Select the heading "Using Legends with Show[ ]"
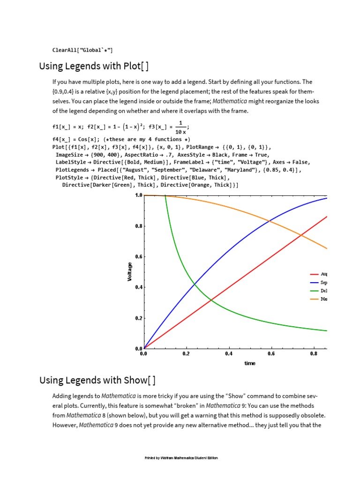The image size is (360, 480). [97, 380]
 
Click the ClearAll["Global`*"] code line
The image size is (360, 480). [82, 50]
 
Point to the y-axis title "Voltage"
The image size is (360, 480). [130, 272]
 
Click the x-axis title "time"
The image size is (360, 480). [250, 363]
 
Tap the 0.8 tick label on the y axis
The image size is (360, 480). [138, 226]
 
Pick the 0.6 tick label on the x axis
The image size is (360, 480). [271, 354]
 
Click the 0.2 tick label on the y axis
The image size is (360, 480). [138, 318]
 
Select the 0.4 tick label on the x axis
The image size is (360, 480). [229, 354]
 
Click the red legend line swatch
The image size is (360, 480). [314, 274]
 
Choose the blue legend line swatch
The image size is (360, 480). [314, 283]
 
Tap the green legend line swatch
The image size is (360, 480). [314, 291]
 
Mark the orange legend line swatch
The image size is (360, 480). [314, 299]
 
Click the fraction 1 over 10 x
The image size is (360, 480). [180, 127]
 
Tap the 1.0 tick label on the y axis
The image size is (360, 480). [138, 195]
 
